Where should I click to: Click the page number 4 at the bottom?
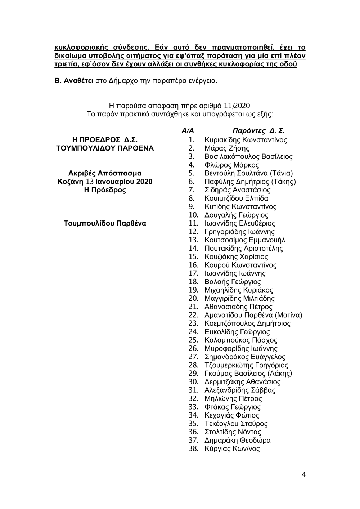pyautogui.click(x=304, y=474)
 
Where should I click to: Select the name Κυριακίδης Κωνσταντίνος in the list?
pyautogui.click(x=246, y=140)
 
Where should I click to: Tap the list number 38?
pyautogui.click(x=193, y=448)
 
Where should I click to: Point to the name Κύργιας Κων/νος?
pyautogui.click(x=232, y=448)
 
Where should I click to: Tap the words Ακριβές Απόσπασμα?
pyautogui.click(x=105, y=173)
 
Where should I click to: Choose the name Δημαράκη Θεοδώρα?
pyautogui.click(x=237, y=440)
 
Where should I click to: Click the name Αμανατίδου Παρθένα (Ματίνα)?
pyautogui.click(x=253, y=315)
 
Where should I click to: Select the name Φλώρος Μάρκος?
pyautogui.click(x=231, y=165)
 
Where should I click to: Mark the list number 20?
pyautogui.click(x=193, y=298)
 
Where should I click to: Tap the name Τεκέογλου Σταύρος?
pyautogui.click(x=236, y=424)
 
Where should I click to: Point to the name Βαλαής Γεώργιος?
pyautogui.click(x=232, y=282)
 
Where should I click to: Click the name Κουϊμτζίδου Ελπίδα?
pyautogui.click(x=236, y=198)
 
